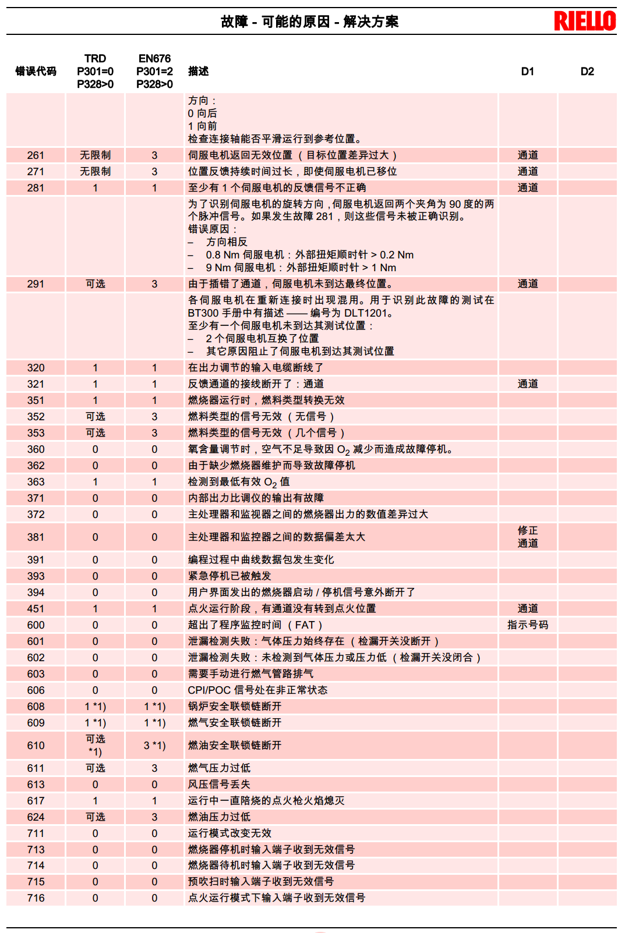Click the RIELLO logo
coord(584,21)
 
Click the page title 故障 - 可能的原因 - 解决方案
coord(309,22)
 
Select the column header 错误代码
coord(36,71)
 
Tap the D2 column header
coord(587,71)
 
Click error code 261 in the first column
coord(36,155)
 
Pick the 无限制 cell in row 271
coord(95,172)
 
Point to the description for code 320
coord(255,368)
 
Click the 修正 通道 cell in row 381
coord(528,537)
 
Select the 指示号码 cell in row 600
coord(528,625)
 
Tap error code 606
coord(36,690)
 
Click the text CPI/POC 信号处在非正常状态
coord(257,690)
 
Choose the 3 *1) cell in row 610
coord(154,746)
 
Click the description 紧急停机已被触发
coord(229,576)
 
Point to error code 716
coord(36,898)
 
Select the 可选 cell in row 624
coord(95,817)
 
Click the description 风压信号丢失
coord(219,785)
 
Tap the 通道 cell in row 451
coord(528,609)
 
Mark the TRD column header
coord(95,71)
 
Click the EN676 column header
coord(154,71)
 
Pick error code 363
coord(36,482)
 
